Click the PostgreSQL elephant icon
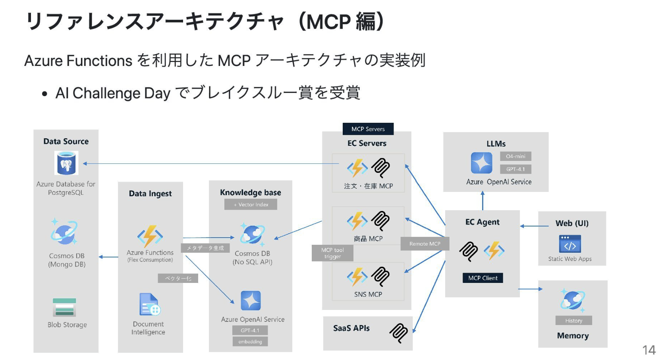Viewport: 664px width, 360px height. [x=66, y=163]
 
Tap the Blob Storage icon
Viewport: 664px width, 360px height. [x=64, y=308]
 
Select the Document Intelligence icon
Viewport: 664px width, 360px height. [x=149, y=304]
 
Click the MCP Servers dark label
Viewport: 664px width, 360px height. [x=368, y=129]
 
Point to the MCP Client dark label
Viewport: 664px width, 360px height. [x=483, y=278]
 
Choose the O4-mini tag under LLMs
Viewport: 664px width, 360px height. [x=515, y=156]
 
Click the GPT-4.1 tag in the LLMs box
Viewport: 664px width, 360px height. [x=515, y=169]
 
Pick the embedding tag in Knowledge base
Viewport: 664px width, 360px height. [x=250, y=341]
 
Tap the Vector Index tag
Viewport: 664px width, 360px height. [x=251, y=204]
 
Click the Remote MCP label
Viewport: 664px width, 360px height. [x=425, y=244]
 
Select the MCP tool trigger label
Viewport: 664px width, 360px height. [x=332, y=253]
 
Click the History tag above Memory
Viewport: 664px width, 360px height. [x=573, y=320]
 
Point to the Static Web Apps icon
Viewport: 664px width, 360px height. [x=570, y=244]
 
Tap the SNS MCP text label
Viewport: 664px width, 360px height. [x=368, y=294]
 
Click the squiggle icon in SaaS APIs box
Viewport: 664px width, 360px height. [x=399, y=333]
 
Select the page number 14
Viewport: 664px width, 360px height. [x=649, y=350]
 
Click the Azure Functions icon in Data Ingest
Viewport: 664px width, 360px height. [x=150, y=237]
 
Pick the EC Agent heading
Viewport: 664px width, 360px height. [x=482, y=222]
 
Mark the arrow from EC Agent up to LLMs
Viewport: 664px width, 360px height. [x=483, y=201]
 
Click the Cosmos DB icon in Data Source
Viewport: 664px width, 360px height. [x=64, y=232]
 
